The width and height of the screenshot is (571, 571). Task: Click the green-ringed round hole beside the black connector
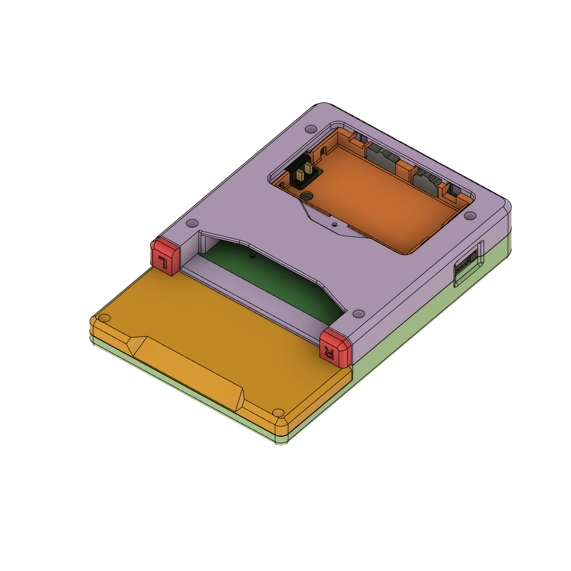pyautogui.click(x=306, y=196)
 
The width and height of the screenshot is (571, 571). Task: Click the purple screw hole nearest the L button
pyautogui.click(x=193, y=223)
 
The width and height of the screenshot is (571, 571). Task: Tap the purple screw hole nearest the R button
pyautogui.click(x=358, y=314)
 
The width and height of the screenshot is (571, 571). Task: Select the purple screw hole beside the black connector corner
pyautogui.click(x=311, y=128)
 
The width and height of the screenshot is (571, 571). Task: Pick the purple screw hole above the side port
pyautogui.click(x=469, y=216)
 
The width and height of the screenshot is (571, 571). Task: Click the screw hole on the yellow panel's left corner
pyautogui.click(x=105, y=318)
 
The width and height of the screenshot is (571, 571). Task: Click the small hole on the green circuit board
pyautogui.click(x=252, y=256)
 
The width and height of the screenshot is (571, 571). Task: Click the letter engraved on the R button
pyautogui.click(x=330, y=351)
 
